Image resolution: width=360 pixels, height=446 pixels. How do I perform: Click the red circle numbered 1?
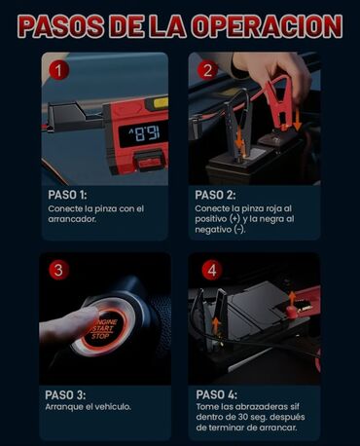tap(58, 70)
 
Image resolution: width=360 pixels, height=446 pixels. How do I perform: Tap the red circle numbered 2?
tap(207, 70)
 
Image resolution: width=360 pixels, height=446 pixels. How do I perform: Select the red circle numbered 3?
tap(58, 270)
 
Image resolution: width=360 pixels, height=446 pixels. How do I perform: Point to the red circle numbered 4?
tap(212, 270)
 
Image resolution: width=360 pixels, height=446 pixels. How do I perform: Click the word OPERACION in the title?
tap(267, 26)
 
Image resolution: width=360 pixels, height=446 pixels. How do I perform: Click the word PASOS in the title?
tap(61, 26)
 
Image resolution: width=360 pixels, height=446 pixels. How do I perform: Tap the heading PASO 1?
tap(67, 195)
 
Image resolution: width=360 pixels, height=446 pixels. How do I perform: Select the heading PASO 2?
tap(215, 195)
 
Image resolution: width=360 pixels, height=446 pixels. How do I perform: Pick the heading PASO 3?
tap(65, 394)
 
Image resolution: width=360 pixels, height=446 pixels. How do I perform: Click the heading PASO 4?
tap(216, 394)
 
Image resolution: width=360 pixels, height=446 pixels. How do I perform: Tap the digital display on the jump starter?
tap(143, 134)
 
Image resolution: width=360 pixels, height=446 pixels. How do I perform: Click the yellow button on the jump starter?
tap(161, 103)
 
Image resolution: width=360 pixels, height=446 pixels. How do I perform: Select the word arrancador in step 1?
tap(72, 219)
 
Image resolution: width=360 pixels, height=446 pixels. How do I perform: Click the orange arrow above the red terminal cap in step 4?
tap(292, 299)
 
